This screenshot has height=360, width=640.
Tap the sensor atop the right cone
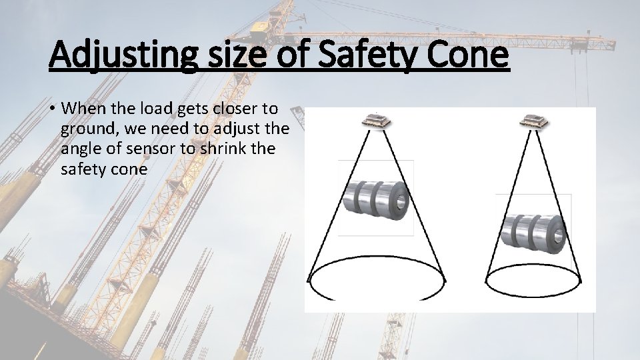pyautogui.click(x=536, y=121)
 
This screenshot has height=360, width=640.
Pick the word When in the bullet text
pyautogui.click(x=83, y=109)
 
